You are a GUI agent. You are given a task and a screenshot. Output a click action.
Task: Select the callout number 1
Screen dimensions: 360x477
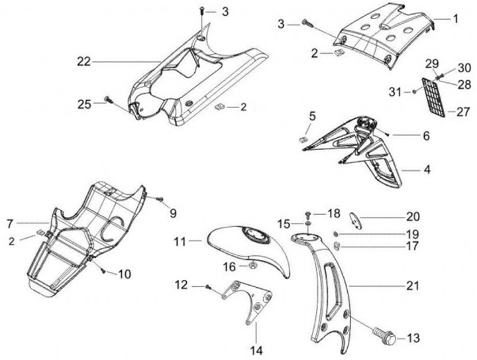pos(456,19)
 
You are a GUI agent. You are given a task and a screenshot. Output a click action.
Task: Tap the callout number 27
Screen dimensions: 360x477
pos(462,112)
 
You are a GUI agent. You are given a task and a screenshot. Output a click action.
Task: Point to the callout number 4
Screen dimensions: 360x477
pos(427,170)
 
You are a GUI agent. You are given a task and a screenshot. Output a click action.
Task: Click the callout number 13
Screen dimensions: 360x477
pos(413,338)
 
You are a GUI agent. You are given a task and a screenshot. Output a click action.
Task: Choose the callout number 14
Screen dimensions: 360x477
pos(255,349)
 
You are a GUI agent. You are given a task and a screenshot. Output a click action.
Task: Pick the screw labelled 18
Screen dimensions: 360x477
pos(309,215)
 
